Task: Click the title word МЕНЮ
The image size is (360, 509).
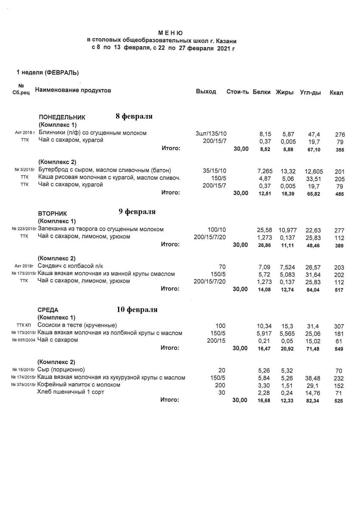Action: click(x=171, y=33)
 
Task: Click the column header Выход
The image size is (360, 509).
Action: click(x=206, y=92)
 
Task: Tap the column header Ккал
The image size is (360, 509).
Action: click(x=336, y=93)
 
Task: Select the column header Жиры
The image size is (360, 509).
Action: click(x=284, y=92)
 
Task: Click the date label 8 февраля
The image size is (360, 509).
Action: click(x=134, y=116)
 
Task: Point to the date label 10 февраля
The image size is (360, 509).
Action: click(x=137, y=310)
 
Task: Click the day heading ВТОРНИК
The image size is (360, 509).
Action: click(x=52, y=213)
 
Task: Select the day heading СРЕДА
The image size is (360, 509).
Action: click(x=48, y=310)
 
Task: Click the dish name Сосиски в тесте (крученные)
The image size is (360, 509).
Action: click(x=77, y=325)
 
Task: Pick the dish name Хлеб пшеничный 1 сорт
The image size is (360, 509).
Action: click(x=71, y=392)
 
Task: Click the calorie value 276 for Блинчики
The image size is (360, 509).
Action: click(x=340, y=134)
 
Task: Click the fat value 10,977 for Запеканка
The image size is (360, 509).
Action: click(x=289, y=230)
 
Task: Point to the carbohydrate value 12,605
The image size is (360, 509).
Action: click(x=314, y=171)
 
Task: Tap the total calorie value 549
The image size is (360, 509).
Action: click(x=338, y=349)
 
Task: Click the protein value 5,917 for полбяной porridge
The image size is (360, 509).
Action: click(x=265, y=333)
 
